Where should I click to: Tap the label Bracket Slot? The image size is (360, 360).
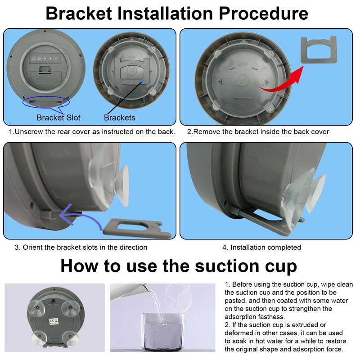click(x=58, y=118)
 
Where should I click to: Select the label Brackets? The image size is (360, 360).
click(x=120, y=118)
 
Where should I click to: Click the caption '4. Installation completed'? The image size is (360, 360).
click(x=261, y=247)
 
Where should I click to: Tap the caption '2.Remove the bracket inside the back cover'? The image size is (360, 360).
click(x=258, y=132)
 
